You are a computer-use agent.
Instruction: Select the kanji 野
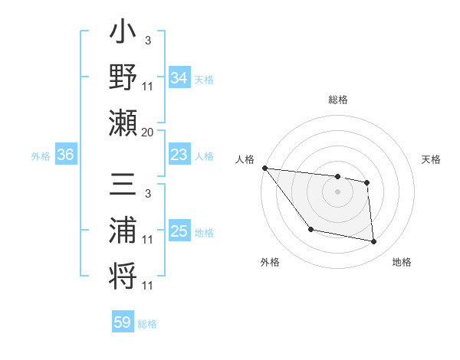pos(123,77)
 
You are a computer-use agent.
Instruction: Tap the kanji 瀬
pos(123,123)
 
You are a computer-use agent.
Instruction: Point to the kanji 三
pos(123,186)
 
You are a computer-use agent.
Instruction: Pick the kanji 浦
pos(123,231)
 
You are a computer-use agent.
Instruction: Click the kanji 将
pos(123,274)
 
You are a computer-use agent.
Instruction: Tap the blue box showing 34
pos(179,77)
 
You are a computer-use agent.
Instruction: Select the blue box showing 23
pos(179,155)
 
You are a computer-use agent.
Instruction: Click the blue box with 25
pos(179,231)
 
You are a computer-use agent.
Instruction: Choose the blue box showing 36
pos(65,155)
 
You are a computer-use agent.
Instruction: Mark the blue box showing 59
pos(123,322)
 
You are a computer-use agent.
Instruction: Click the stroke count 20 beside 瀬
pos(147,133)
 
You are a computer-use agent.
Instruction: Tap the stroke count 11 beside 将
pos(148,286)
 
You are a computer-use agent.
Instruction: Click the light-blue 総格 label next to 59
pos(147,324)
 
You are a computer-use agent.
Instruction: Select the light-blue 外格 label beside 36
pos(41,156)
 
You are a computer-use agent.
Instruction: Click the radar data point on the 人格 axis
pos(264,168)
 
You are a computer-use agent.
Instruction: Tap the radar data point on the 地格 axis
pos(373,242)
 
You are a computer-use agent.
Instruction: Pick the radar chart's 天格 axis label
pos(432,159)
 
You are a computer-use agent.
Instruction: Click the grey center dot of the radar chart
pos(337,191)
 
